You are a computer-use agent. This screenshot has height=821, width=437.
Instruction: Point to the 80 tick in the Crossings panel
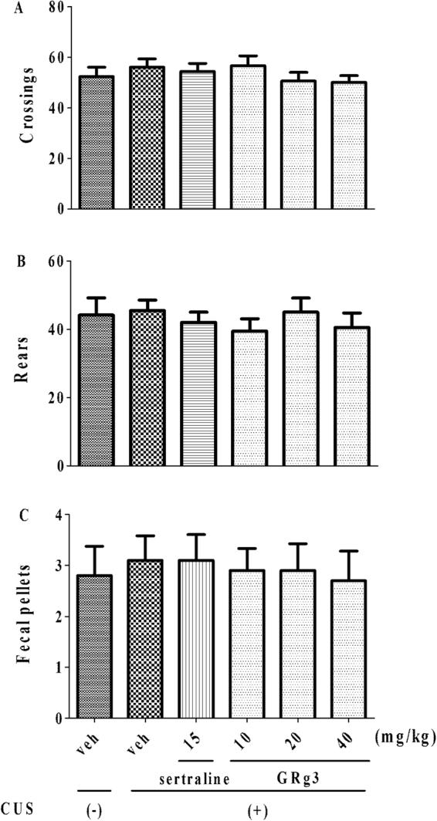[x=51, y=8]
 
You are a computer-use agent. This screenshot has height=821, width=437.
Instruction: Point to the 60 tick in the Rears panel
[x=51, y=261]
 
